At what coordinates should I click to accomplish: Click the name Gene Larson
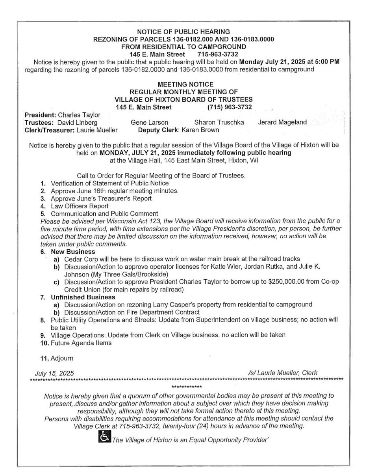pyautogui.click(x=149, y=123)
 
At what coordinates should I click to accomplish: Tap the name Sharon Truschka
pyautogui.click(x=219, y=123)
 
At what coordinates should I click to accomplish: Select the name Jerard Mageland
pyautogui.click(x=282, y=123)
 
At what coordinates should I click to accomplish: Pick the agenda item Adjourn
pyautogui.click(x=62, y=359)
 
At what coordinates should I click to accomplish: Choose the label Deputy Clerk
pyautogui.click(x=157, y=130)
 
